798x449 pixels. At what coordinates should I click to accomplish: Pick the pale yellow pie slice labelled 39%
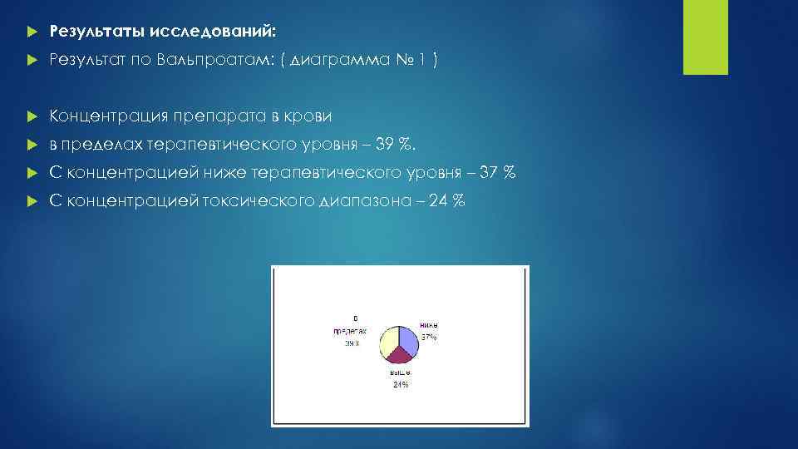(x=389, y=341)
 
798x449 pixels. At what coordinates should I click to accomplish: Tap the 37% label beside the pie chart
(x=429, y=337)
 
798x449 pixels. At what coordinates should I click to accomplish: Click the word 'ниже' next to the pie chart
(x=429, y=325)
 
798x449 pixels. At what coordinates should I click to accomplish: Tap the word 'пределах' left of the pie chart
(x=351, y=330)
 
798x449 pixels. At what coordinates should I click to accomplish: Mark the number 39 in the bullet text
(x=386, y=146)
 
